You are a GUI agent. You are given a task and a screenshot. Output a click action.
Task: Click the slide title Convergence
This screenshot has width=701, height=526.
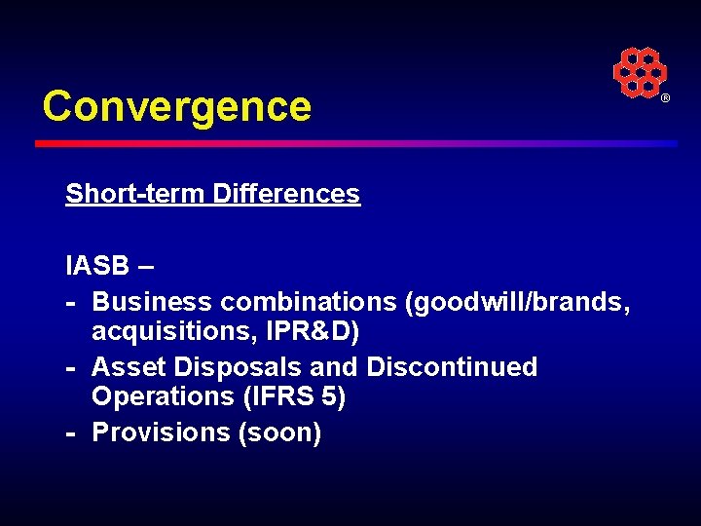pyautogui.click(x=176, y=106)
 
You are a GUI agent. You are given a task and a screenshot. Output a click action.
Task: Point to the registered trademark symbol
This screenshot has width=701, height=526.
pyautogui.click(x=666, y=99)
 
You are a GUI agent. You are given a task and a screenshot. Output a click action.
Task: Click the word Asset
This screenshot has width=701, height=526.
pyautogui.click(x=127, y=367)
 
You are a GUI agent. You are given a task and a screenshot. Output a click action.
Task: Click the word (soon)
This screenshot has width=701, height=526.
pyautogui.click(x=279, y=432)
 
